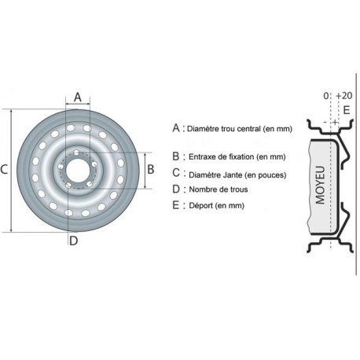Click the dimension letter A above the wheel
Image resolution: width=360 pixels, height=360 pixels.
(78, 97)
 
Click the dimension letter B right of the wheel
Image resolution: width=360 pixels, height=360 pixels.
(150, 169)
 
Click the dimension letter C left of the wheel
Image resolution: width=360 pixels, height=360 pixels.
(4, 170)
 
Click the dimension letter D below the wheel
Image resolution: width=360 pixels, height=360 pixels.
(74, 241)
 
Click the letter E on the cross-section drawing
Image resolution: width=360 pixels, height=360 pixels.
(347, 110)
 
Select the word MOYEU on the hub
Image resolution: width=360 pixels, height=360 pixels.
(320, 185)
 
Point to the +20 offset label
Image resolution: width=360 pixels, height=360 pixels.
(344, 96)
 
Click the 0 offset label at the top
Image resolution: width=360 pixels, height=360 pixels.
(325, 96)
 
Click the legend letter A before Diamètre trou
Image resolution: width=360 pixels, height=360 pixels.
(176, 128)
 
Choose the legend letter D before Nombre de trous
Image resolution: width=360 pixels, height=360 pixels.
(176, 189)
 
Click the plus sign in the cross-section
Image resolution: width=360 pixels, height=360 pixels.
(335, 122)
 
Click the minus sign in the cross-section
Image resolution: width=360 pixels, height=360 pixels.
(325, 123)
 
